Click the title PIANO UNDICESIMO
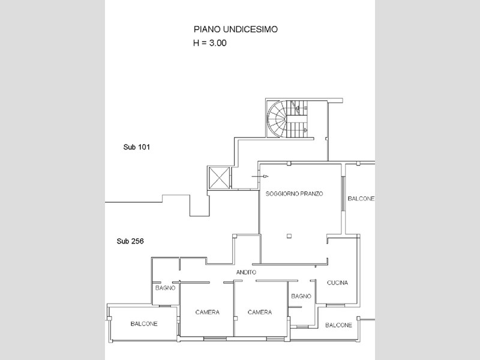click(235, 28)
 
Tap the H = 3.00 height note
click(209, 43)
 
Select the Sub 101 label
click(136, 147)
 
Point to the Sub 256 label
click(130, 241)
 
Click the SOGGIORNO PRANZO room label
click(294, 194)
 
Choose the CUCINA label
click(338, 283)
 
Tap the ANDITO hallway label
click(245, 272)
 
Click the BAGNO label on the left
click(164, 288)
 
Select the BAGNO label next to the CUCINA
click(301, 296)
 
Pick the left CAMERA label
click(207, 312)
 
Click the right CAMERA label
click(260, 312)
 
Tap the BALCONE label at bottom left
click(144, 324)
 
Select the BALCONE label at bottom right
click(338, 325)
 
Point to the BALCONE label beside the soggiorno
click(361, 199)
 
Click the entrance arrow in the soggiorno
click(263, 176)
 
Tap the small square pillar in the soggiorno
click(289, 235)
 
